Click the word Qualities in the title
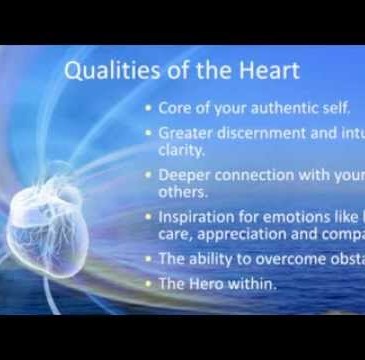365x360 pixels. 101,72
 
